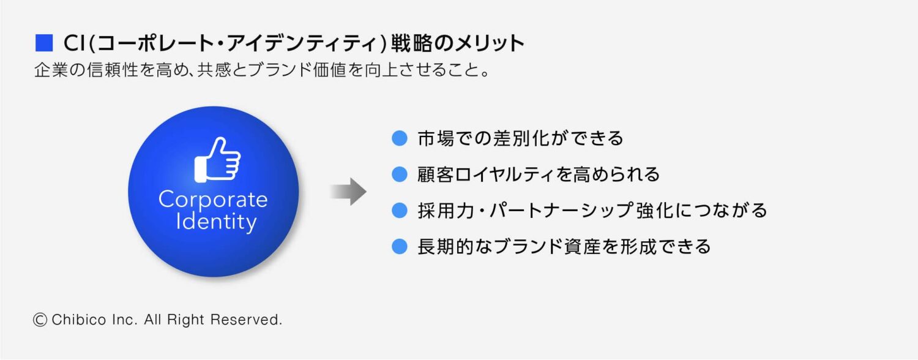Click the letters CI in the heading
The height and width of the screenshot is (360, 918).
coord(74,44)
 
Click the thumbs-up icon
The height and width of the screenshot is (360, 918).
coord(217,159)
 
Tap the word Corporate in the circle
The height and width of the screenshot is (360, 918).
coord(213,200)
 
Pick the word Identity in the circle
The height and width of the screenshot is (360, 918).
coord(215,221)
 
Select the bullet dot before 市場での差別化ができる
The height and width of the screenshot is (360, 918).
coord(399,138)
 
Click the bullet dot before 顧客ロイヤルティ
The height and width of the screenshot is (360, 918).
coord(399,174)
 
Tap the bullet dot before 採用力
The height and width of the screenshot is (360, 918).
coord(399,211)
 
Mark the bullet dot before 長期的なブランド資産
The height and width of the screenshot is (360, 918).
coord(399,247)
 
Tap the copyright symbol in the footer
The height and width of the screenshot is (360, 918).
coord(40,320)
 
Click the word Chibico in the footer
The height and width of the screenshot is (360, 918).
coord(76,320)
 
